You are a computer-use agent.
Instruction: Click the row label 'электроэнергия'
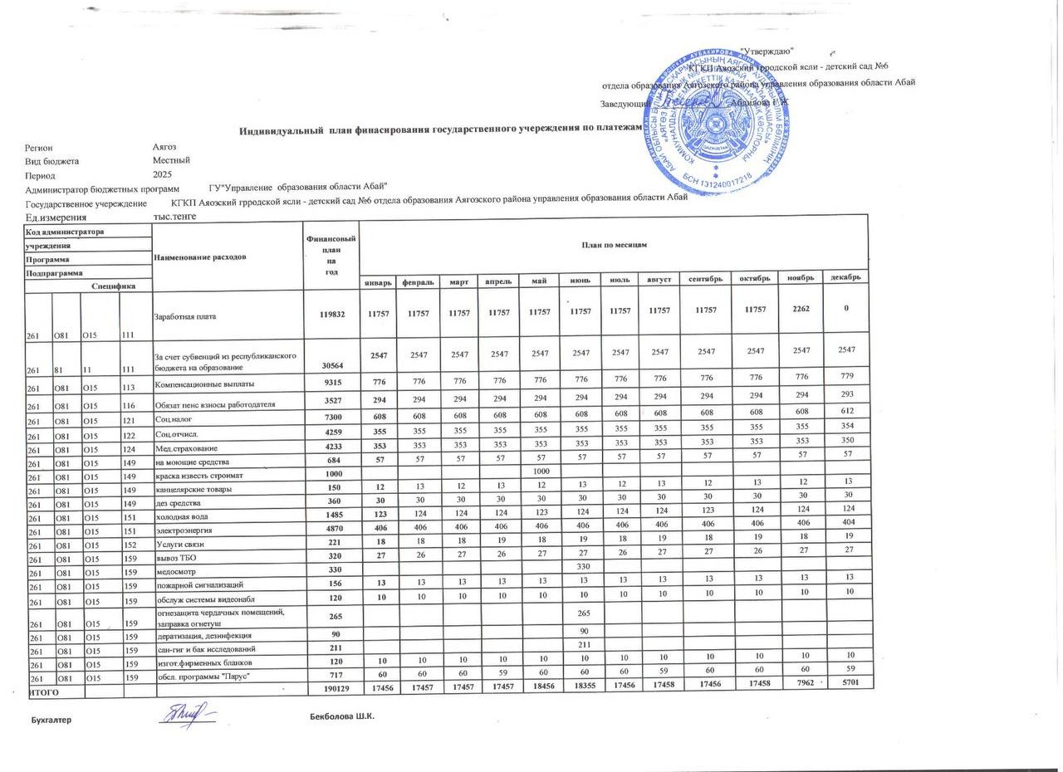pyautogui.click(x=184, y=529)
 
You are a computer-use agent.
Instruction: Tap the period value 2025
pyautogui.click(x=163, y=174)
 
